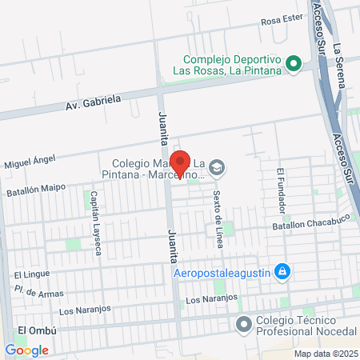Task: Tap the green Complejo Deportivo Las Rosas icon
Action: click(293, 62)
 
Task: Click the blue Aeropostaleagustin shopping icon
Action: click(281, 273)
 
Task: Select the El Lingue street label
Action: click(26, 275)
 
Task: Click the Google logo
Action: click(26, 350)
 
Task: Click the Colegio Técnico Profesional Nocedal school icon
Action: click(244, 323)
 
